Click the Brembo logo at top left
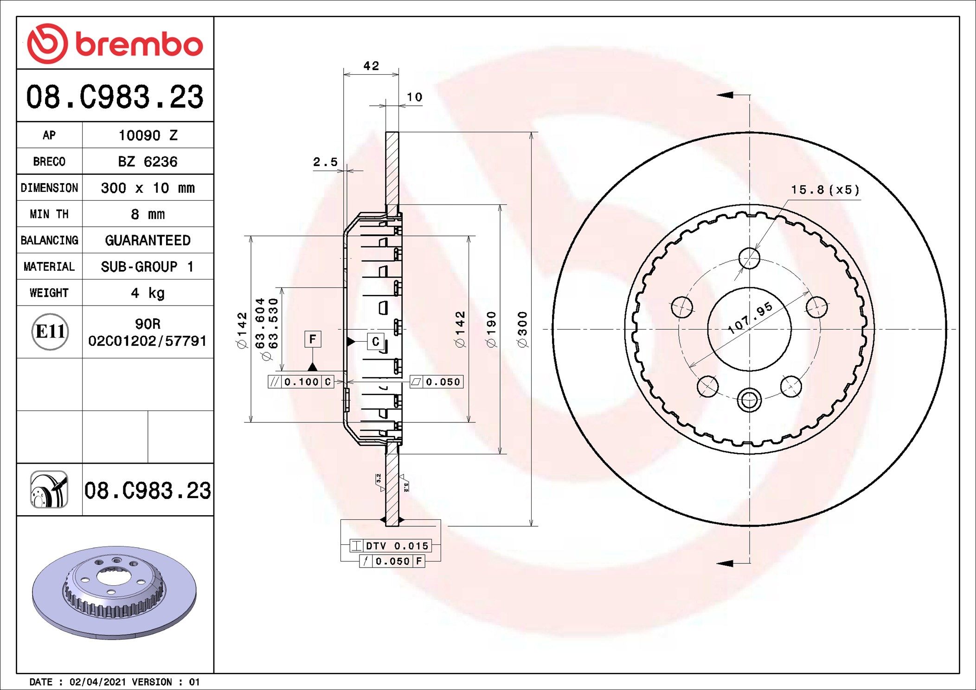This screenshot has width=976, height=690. [x=115, y=44]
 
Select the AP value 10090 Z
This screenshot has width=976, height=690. [x=148, y=135]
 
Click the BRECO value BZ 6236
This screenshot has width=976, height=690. [x=148, y=161]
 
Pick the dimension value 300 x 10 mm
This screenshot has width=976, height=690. [x=148, y=188]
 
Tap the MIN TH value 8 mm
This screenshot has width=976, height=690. [x=148, y=214]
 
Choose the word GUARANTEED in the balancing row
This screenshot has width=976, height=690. [x=148, y=240]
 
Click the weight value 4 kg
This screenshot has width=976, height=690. [x=148, y=293]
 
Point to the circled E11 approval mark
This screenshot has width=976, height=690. [x=50, y=332]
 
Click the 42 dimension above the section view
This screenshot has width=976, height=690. [x=371, y=66]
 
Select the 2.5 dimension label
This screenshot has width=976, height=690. [x=325, y=162]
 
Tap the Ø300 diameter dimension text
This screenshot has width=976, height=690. [x=522, y=329]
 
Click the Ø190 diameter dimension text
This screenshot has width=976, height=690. [x=491, y=329]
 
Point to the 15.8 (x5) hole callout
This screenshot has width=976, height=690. [x=825, y=190]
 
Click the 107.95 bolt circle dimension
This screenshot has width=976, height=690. [x=750, y=318]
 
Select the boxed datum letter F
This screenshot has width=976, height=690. [x=313, y=339]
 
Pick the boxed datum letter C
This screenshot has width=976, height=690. [x=375, y=342]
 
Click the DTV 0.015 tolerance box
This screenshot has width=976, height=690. [x=391, y=546]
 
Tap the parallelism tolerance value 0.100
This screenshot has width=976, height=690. [x=302, y=382]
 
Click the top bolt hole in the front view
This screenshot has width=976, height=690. [x=749, y=258]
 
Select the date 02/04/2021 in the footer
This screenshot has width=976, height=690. [x=97, y=682]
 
